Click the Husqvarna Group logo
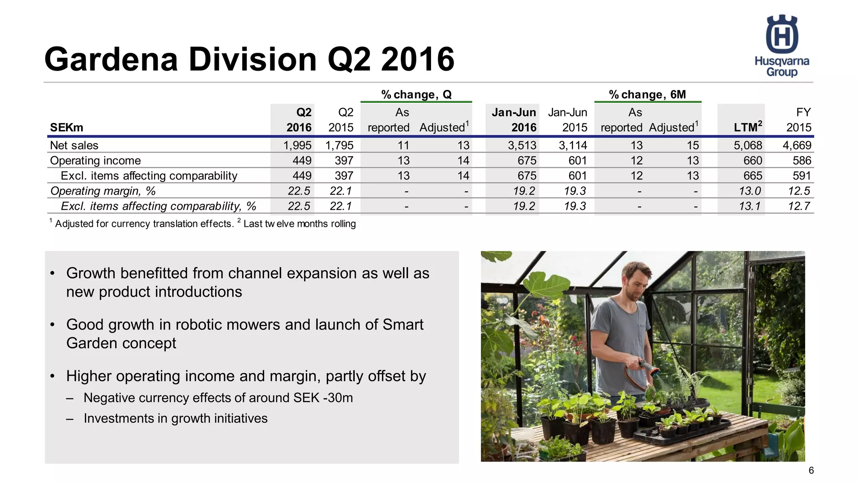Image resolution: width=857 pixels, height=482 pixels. pos(782,46)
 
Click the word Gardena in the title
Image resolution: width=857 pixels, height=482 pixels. pos(111,59)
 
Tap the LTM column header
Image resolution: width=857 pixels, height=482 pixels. pos(748,127)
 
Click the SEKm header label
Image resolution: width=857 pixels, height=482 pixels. pos(67,127)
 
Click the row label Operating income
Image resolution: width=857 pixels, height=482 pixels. pos(95,161)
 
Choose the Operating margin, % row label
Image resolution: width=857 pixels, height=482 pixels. pos(103,191)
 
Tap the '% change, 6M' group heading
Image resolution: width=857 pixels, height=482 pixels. pos(647,95)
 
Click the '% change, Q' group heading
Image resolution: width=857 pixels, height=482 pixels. pos(416,95)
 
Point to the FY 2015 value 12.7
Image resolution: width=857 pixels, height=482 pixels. pos(799,206)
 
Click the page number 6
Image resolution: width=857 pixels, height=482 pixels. pos(811,470)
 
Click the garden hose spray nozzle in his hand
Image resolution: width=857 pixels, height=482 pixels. pos(648,367)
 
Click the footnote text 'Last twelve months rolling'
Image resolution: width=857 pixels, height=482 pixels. pos(300,224)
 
